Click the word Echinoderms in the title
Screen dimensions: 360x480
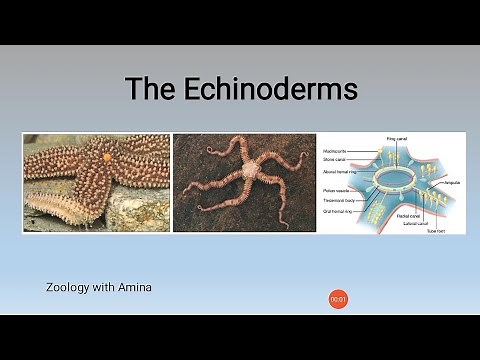[x=272, y=88]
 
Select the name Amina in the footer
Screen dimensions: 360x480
[x=134, y=287]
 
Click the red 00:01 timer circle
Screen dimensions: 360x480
[x=339, y=298]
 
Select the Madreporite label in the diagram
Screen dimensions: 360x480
[x=338, y=149]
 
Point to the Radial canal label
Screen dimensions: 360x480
[x=408, y=215]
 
